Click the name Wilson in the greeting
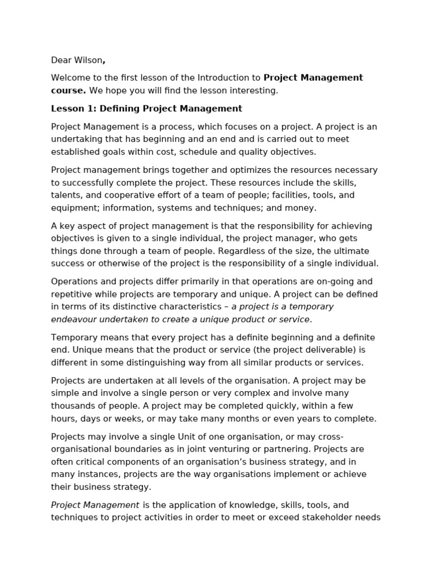88,60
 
